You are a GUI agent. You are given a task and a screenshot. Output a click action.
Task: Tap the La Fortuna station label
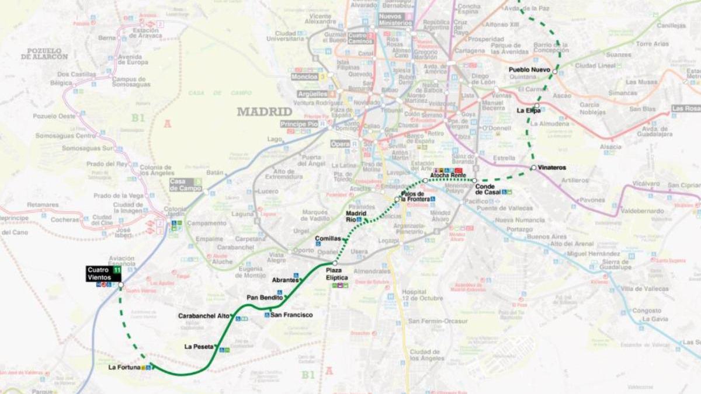point(124,367)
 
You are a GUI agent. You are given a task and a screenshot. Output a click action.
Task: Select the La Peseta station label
point(199,347)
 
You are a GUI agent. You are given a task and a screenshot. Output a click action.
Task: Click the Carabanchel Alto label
point(204,316)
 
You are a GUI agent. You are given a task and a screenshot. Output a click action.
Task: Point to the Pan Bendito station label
point(264,298)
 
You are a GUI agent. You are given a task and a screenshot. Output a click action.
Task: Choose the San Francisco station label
point(291,315)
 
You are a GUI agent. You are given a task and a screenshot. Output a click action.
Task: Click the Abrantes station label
point(285,280)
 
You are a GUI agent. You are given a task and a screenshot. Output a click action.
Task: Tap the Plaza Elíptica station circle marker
point(335,264)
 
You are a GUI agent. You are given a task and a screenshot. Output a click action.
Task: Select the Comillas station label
point(328,239)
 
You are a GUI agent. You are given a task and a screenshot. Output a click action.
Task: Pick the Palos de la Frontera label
point(412,197)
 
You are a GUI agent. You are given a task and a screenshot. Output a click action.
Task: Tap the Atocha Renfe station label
point(447,175)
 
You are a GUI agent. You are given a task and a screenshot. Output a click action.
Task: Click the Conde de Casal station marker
point(474,180)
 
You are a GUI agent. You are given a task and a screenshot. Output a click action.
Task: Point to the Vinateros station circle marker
point(533,168)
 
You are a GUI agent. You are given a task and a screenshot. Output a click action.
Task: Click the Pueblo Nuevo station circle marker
point(555,71)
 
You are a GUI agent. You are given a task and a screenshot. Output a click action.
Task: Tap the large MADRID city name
point(264,111)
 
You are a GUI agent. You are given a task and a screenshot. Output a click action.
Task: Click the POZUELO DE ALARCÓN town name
point(44,54)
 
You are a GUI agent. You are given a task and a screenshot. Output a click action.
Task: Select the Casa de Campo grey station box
point(186,184)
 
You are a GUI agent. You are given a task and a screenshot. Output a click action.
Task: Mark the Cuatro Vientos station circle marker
point(121,285)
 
